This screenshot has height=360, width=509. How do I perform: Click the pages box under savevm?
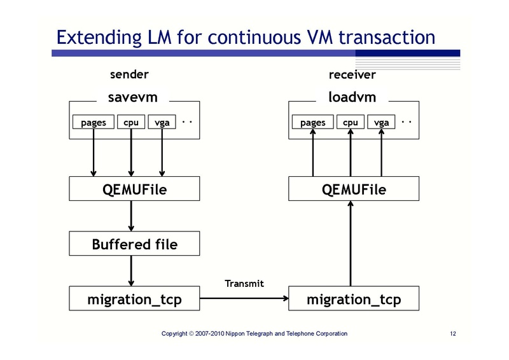tap(94, 122)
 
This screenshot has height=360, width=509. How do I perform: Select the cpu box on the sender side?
tap(131, 122)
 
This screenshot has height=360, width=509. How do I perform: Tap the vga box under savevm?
tap(162, 122)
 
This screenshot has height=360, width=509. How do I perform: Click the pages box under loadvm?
tap(312, 122)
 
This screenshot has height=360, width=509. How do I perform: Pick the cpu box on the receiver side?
tap(351, 122)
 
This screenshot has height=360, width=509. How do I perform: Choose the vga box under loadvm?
tap(382, 122)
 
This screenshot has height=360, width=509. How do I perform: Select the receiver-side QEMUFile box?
tap(354, 189)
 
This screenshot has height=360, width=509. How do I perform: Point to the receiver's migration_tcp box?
tap(354, 299)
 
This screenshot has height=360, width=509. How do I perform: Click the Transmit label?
tap(244, 283)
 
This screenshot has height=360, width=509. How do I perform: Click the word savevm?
tap(133, 97)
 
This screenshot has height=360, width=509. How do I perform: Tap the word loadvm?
tap(352, 97)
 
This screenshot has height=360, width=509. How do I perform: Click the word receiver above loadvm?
tap(352, 75)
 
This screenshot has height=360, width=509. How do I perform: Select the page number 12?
tap(453, 334)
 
